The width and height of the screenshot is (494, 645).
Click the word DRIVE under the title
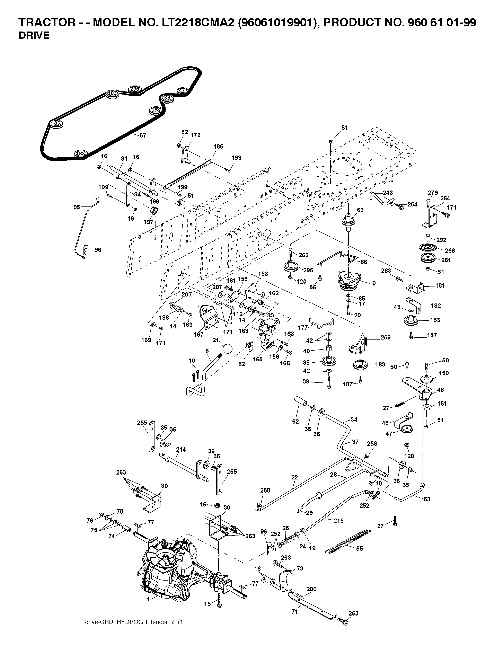pos(34,36)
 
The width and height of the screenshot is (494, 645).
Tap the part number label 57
pos(143,135)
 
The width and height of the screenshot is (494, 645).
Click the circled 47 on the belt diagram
pos(182,90)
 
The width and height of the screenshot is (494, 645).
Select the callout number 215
pos(338,520)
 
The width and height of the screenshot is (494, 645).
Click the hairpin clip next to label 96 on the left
pos(86,250)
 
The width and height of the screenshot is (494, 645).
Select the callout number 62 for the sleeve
pos(295,421)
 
